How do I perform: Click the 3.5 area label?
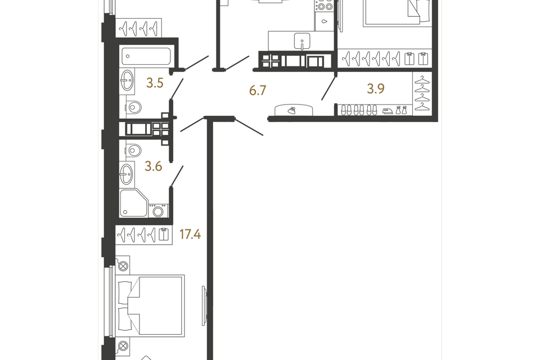pos(155,83)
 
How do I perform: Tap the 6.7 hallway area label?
pos(258,90)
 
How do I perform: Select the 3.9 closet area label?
pos(376,88)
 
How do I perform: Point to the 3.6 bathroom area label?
pos(153,166)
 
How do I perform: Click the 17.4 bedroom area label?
pos(190,235)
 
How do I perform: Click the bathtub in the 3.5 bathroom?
pos(146,56)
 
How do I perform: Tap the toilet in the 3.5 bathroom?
pos(134,108)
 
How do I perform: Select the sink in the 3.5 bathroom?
pos(127,80)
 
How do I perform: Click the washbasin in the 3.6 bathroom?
pos(127,174)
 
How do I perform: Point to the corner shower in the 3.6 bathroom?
pos(134,202)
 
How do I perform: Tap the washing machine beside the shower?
pos(158,210)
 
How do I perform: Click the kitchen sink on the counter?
pos(302,42)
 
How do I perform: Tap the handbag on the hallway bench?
pos(292,110)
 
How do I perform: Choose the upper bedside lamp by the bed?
pos(123,266)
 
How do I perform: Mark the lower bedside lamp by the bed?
pos(123,345)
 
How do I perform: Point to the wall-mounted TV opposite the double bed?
pos(204,305)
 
